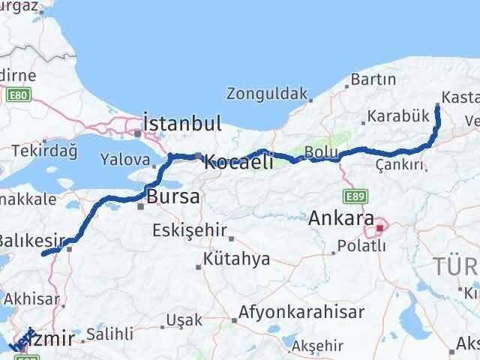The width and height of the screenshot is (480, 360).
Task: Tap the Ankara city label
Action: click(341, 219)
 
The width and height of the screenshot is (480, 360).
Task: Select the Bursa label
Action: click(174, 198)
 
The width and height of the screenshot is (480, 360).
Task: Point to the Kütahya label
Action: click(226, 260)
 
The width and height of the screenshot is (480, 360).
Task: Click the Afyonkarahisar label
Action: click(302, 312)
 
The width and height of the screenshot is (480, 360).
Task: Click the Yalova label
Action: click(125, 160)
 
